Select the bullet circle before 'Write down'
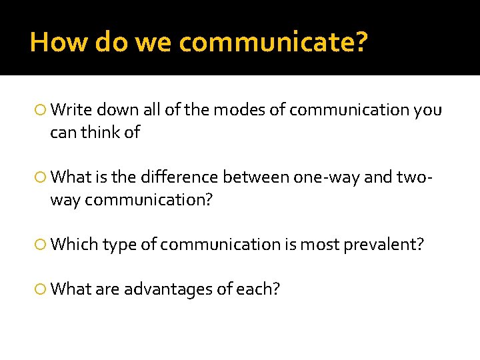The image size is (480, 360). pyautogui.click(x=42, y=110)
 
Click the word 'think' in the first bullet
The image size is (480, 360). pyautogui.click(x=101, y=132)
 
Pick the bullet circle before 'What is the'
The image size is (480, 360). pyautogui.click(x=42, y=177)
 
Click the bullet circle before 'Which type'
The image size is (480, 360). pyautogui.click(x=42, y=245)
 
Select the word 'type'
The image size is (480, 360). pyautogui.click(x=117, y=245)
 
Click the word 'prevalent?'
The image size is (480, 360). pyautogui.click(x=383, y=244)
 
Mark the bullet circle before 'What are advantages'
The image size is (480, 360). pyautogui.click(x=42, y=289)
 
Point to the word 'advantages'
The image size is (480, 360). pyautogui.click(x=164, y=289)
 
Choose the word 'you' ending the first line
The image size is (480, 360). pyautogui.click(x=427, y=109)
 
